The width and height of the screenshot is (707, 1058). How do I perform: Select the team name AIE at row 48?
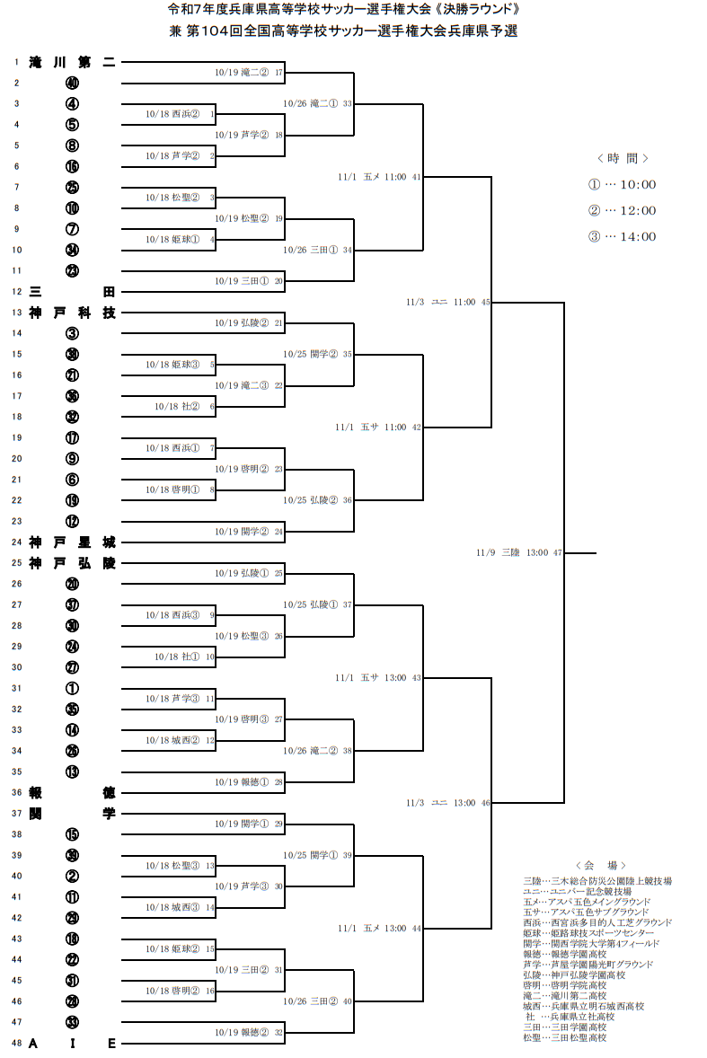click(x=72, y=1043)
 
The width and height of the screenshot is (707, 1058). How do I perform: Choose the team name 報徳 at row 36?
click(x=72, y=792)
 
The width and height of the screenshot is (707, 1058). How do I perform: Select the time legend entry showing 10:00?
click(x=622, y=185)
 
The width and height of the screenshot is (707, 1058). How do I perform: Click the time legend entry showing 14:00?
click(x=622, y=237)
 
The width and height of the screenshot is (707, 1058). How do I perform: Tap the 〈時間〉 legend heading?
click(x=623, y=158)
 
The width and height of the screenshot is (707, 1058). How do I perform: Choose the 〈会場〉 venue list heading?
click(x=600, y=865)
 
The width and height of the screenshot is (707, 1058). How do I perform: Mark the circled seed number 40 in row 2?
click(x=72, y=83)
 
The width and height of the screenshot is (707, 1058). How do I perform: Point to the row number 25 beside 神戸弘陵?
click(x=16, y=563)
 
